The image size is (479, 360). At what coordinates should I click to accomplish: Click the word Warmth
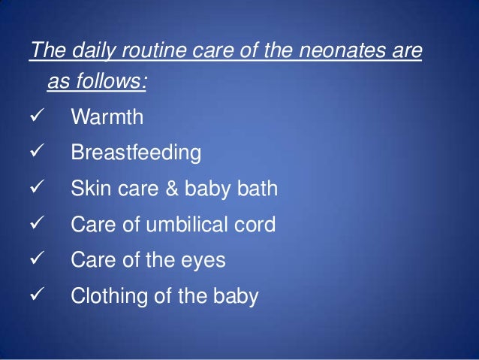(x=107, y=118)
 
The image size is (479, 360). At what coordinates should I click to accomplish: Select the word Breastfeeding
(x=136, y=154)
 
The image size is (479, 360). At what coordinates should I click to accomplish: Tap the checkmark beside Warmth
(x=35, y=118)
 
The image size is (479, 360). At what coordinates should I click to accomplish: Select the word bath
(x=255, y=189)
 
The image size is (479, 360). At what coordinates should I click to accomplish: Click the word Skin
(x=88, y=189)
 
